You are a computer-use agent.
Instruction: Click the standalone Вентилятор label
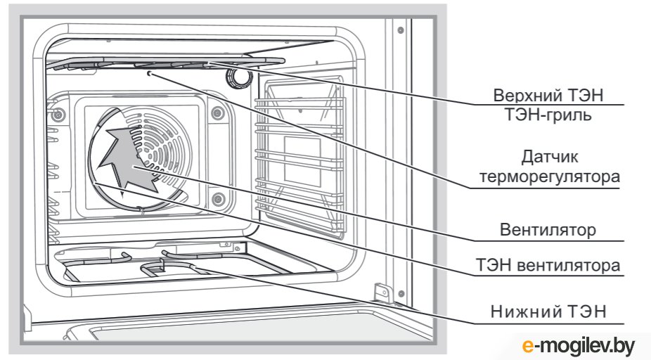(548, 230)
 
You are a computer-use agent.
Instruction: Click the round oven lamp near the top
(239, 77)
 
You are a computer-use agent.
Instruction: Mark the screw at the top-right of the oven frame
(400, 30)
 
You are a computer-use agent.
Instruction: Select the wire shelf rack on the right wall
(302, 162)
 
